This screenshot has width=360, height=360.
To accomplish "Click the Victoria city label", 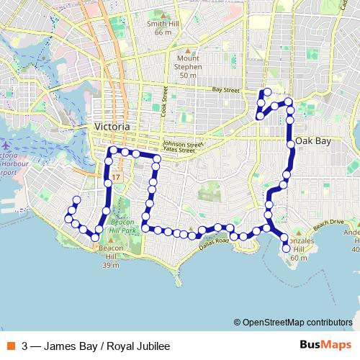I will tap(112, 127).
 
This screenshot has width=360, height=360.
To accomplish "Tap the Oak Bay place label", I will tap(313, 141).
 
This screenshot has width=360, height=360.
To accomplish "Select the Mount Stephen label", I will tap(188, 68).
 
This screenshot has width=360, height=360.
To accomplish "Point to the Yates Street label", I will tap(179, 150).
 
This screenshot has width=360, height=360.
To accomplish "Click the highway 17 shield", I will tap(115, 176).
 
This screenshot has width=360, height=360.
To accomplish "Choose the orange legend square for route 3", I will tap(9, 346).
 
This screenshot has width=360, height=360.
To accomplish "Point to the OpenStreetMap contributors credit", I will tap(296, 323).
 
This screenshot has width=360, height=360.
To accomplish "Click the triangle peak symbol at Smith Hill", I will tap(163, 13).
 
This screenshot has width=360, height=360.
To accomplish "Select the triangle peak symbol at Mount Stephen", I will tap(188, 51).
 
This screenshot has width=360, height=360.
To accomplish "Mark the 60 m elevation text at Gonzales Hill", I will tap(299, 257).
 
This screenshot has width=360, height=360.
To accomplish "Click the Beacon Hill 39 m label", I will tap(111, 261).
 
